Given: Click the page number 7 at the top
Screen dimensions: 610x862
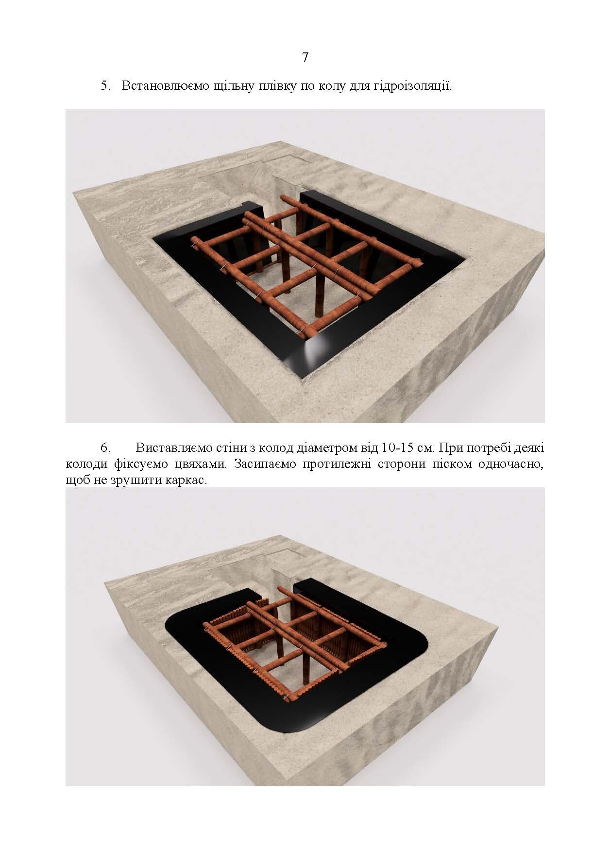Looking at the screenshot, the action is tap(305, 58).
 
